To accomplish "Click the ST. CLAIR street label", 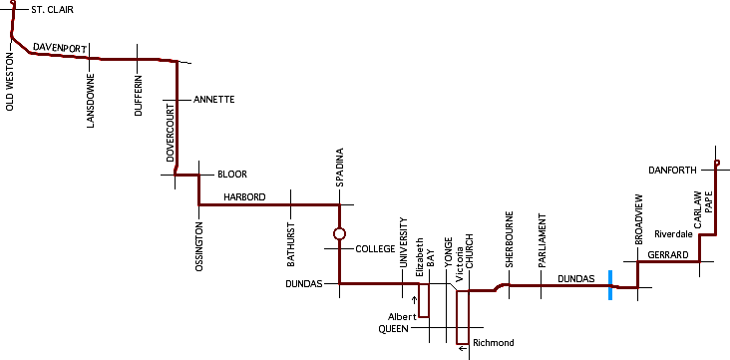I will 52,10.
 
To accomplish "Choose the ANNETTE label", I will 213,100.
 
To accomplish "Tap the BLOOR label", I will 231,174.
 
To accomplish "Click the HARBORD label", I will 244,197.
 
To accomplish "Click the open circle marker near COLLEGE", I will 339,234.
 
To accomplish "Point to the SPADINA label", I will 339,168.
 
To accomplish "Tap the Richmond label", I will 494,343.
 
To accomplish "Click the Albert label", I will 401,316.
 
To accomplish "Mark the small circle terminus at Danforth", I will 716,163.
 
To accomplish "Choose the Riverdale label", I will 673,234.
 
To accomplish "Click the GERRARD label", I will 667,255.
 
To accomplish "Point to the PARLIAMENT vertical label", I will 542,239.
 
